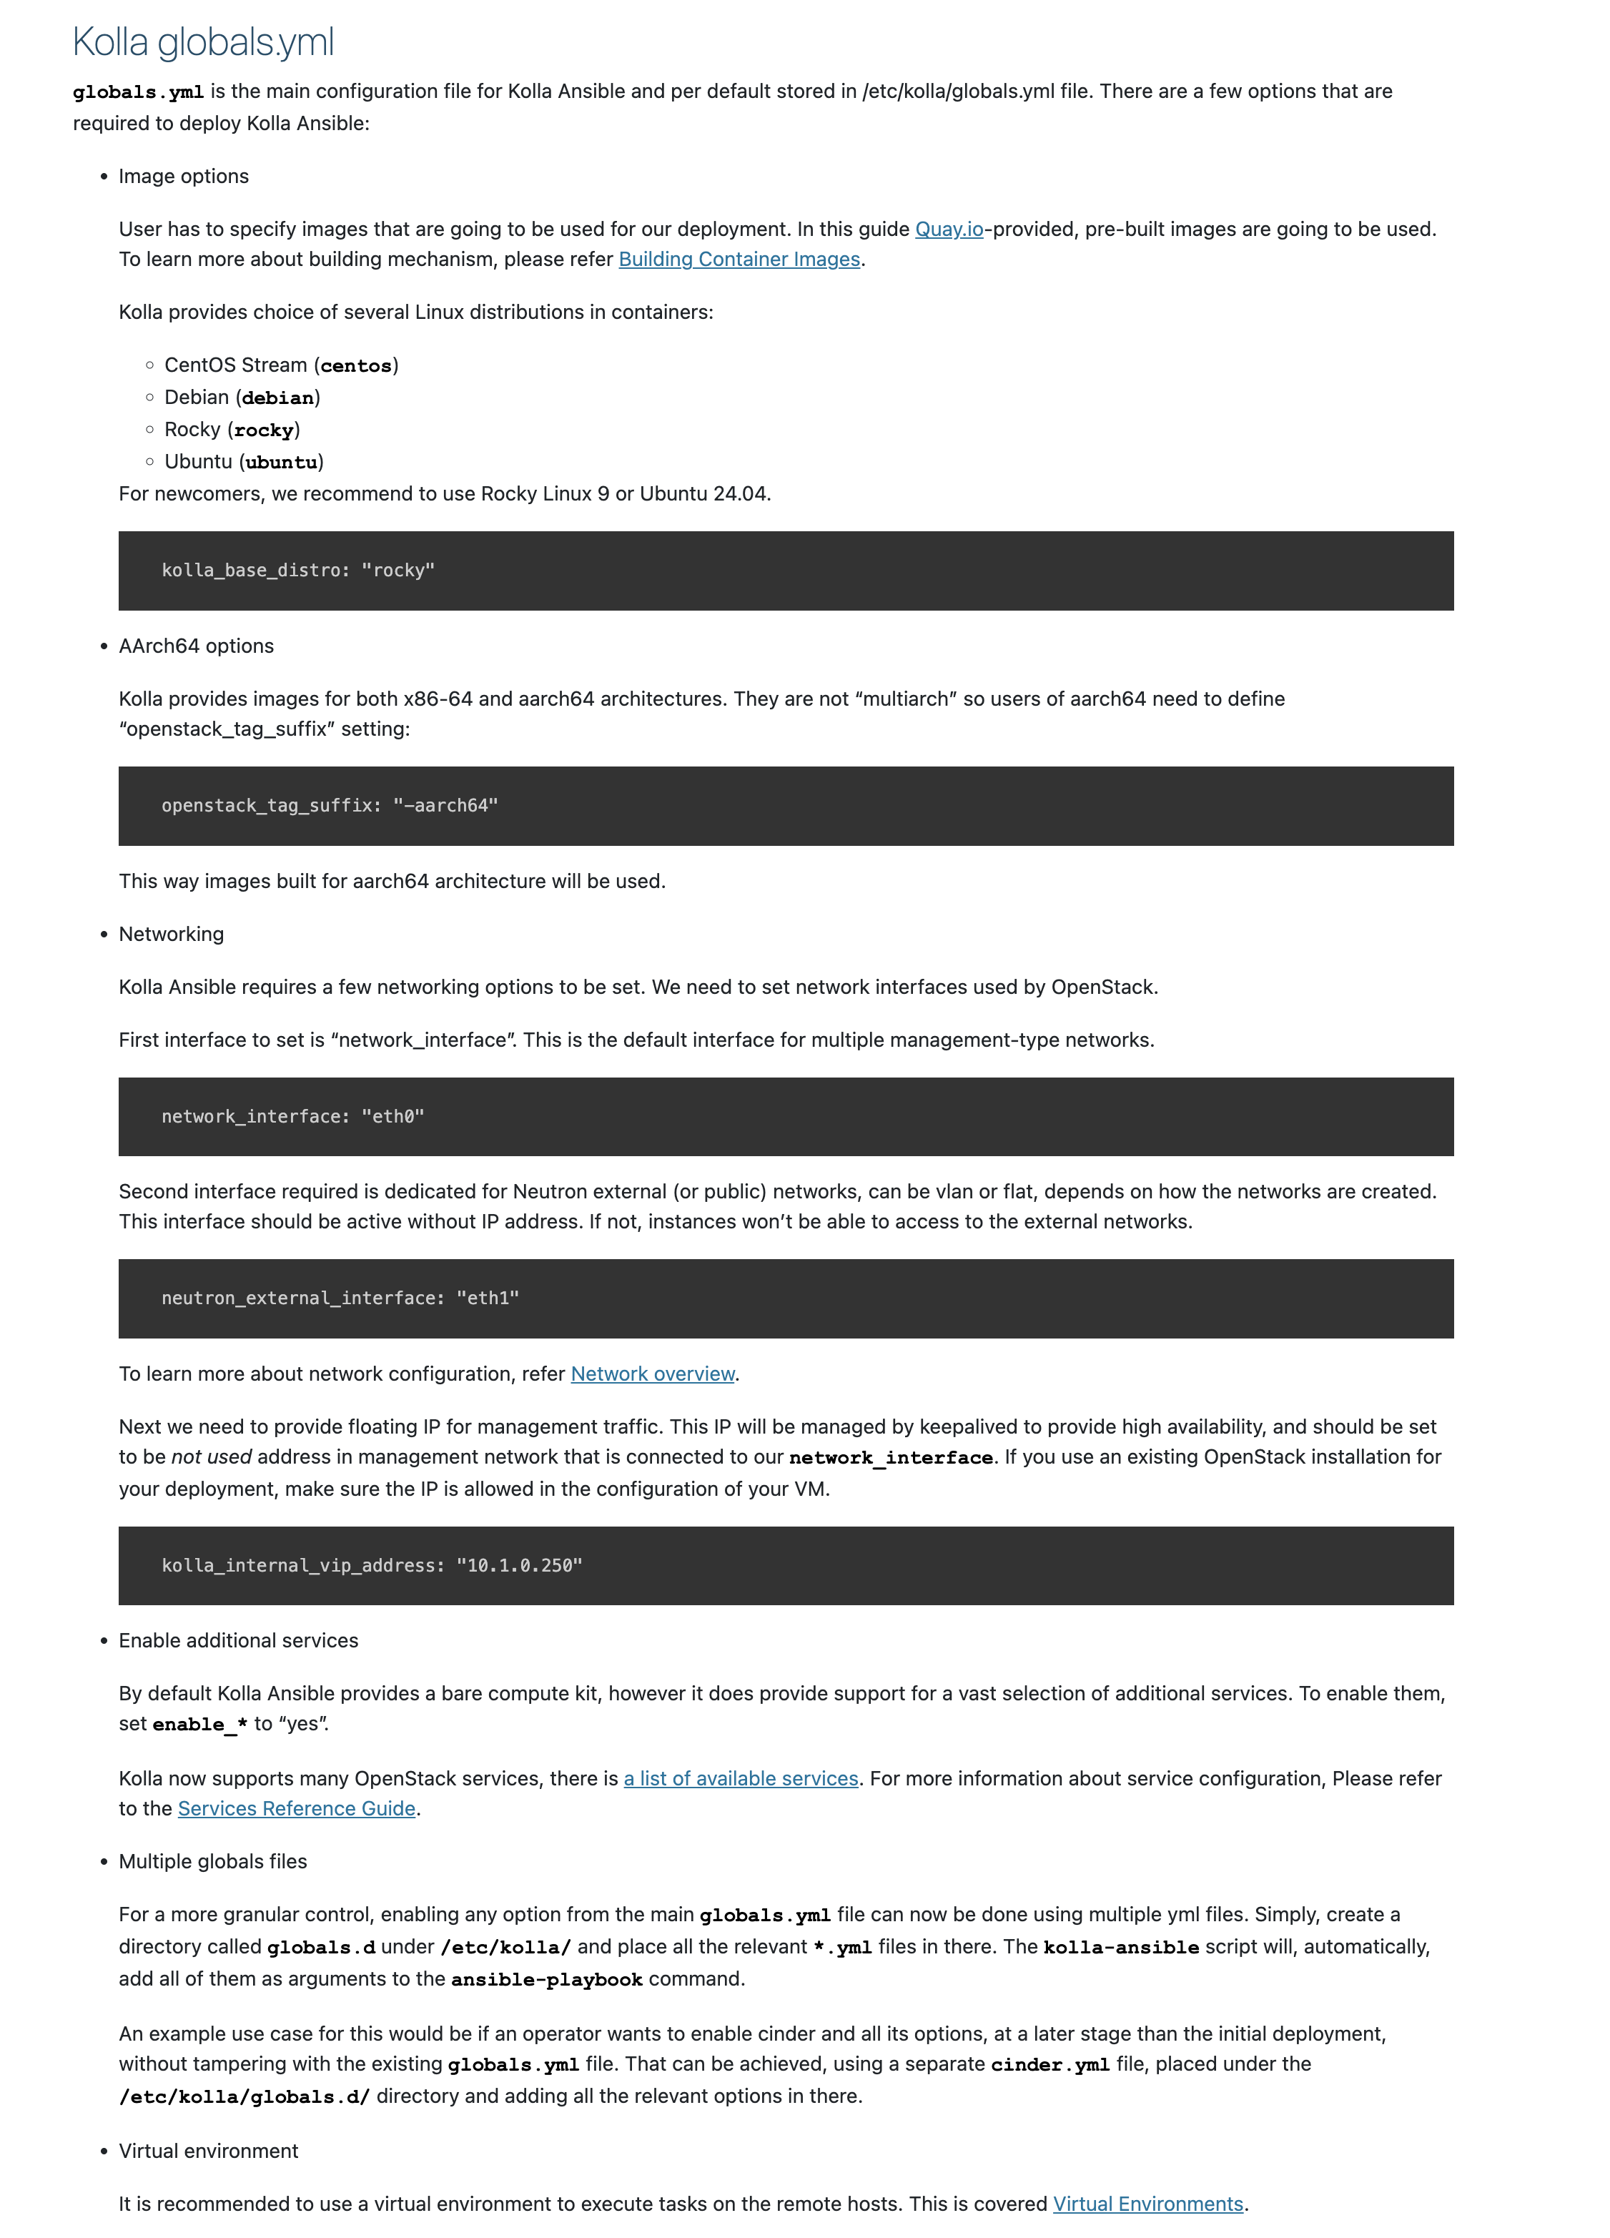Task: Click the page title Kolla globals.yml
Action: [203, 42]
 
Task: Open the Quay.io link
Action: [948, 229]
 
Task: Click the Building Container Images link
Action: [739, 260]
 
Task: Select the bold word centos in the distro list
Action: [355, 366]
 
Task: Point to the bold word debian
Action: [278, 398]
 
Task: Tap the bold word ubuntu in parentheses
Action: [281, 463]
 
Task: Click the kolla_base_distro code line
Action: [298, 571]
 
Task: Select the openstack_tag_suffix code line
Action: [330, 805]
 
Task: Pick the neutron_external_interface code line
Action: [340, 1298]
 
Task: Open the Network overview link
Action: [652, 1374]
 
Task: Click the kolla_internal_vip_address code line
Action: [371, 1565]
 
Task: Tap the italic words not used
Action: [211, 1456]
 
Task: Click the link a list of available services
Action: [740, 1778]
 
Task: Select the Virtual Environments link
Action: [1147, 2204]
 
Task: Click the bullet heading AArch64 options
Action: [197, 646]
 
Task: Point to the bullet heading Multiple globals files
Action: [212, 1861]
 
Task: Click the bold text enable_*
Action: [199, 1724]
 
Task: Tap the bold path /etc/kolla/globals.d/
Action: [244, 2096]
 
